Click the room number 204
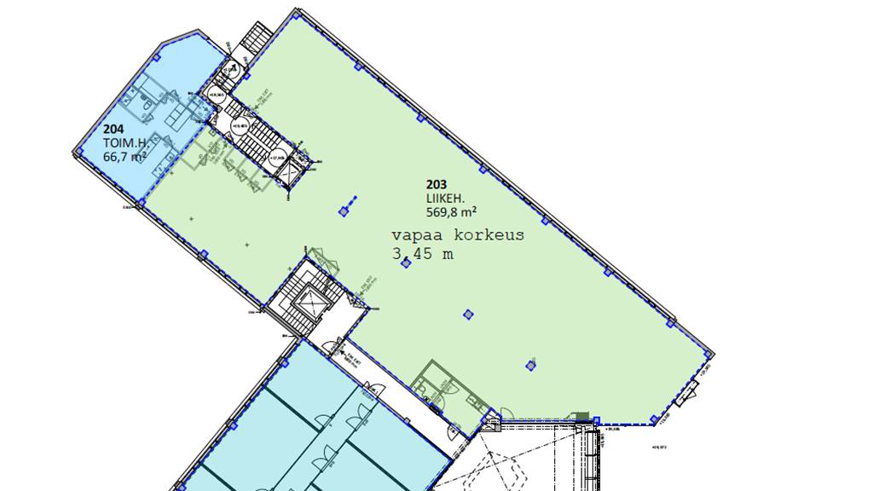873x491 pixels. coord(113,130)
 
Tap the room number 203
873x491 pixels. coord(436,182)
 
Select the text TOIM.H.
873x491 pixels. coord(122,143)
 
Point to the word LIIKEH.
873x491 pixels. coord(445,197)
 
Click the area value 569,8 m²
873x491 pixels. coord(451,211)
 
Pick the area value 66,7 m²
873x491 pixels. coord(124,157)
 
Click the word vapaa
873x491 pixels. coord(415,235)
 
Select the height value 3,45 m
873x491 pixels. coord(423,253)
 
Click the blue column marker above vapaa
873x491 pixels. coord(344,210)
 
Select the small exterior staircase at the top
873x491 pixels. coord(257,38)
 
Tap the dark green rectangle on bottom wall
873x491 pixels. coord(582,416)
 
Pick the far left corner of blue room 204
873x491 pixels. coord(74,153)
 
